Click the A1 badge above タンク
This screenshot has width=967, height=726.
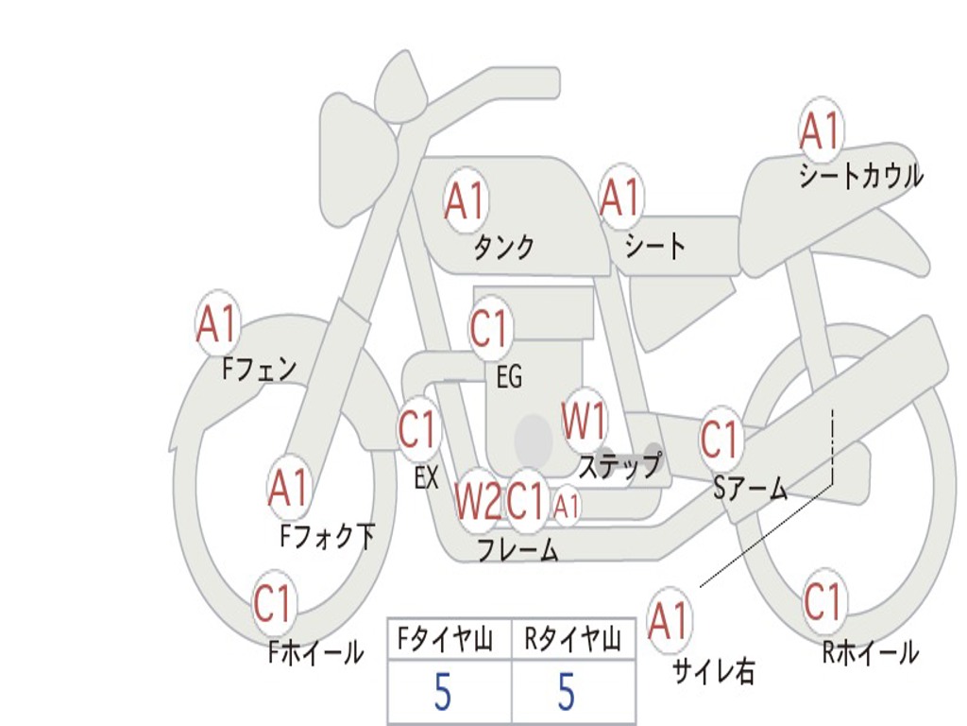coord(465,200)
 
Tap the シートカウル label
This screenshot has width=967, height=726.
coord(860,177)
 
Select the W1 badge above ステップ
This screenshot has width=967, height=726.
coord(585,422)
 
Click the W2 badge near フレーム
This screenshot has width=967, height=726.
coord(477,501)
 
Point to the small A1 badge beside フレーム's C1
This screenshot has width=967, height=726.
coord(567,508)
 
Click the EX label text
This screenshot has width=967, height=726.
coord(426,478)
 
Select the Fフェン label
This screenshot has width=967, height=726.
coord(260,369)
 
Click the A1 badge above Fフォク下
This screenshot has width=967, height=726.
coord(288,488)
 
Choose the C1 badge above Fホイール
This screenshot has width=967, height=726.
coord(274,604)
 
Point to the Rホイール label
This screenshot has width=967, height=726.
coord(870,652)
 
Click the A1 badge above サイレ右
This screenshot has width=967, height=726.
coord(669,621)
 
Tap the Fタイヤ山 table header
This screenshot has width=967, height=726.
coord(449,641)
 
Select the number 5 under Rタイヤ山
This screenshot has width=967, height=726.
coord(566,693)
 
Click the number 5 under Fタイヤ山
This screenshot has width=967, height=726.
coord(442,693)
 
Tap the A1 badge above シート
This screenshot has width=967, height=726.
coord(619,198)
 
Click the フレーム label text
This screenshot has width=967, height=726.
coord(517,550)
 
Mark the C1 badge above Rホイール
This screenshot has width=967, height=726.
coord(823,601)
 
